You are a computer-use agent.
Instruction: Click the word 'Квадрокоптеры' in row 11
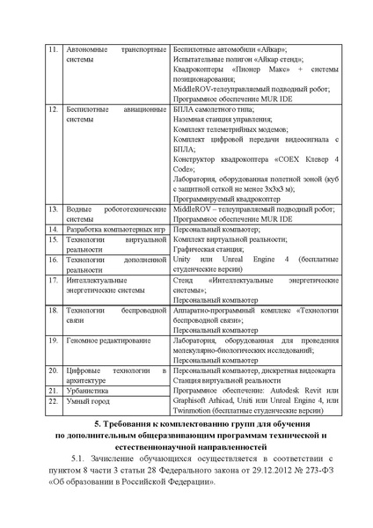[x=202, y=69]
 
